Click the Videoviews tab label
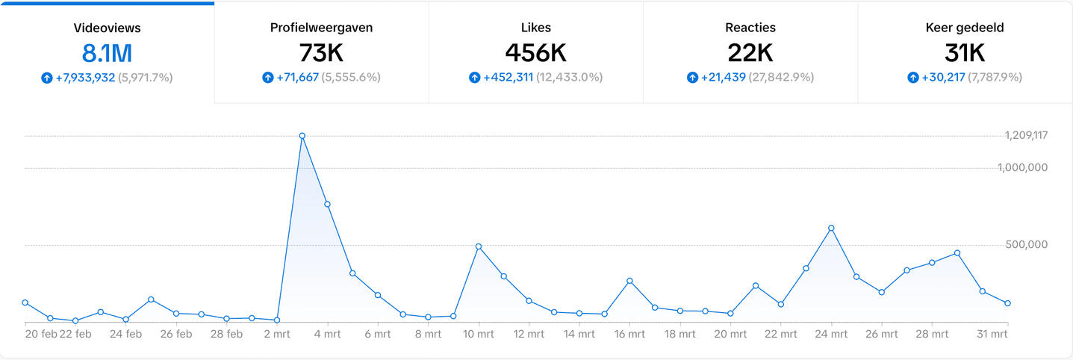(x=107, y=28)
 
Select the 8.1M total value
(x=107, y=53)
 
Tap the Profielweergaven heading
(x=321, y=28)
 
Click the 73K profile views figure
(x=321, y=53)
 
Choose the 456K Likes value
(x=535, y=53)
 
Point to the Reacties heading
(x=750, y=28)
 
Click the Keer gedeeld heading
(x=965, y=28)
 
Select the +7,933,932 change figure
(x=85, y=78)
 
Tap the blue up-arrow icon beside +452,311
(x=474, y=78)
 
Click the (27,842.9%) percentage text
(x=782, y=78)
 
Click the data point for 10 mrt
(x=479, y=246)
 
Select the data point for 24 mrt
(x=831, y=228)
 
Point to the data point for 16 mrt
(x=629, y=281)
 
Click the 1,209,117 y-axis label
(x=1026, y=136)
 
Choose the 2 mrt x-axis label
(x=277, y=335)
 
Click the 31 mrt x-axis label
(x=992, y=335)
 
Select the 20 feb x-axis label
(x=40, y=335)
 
